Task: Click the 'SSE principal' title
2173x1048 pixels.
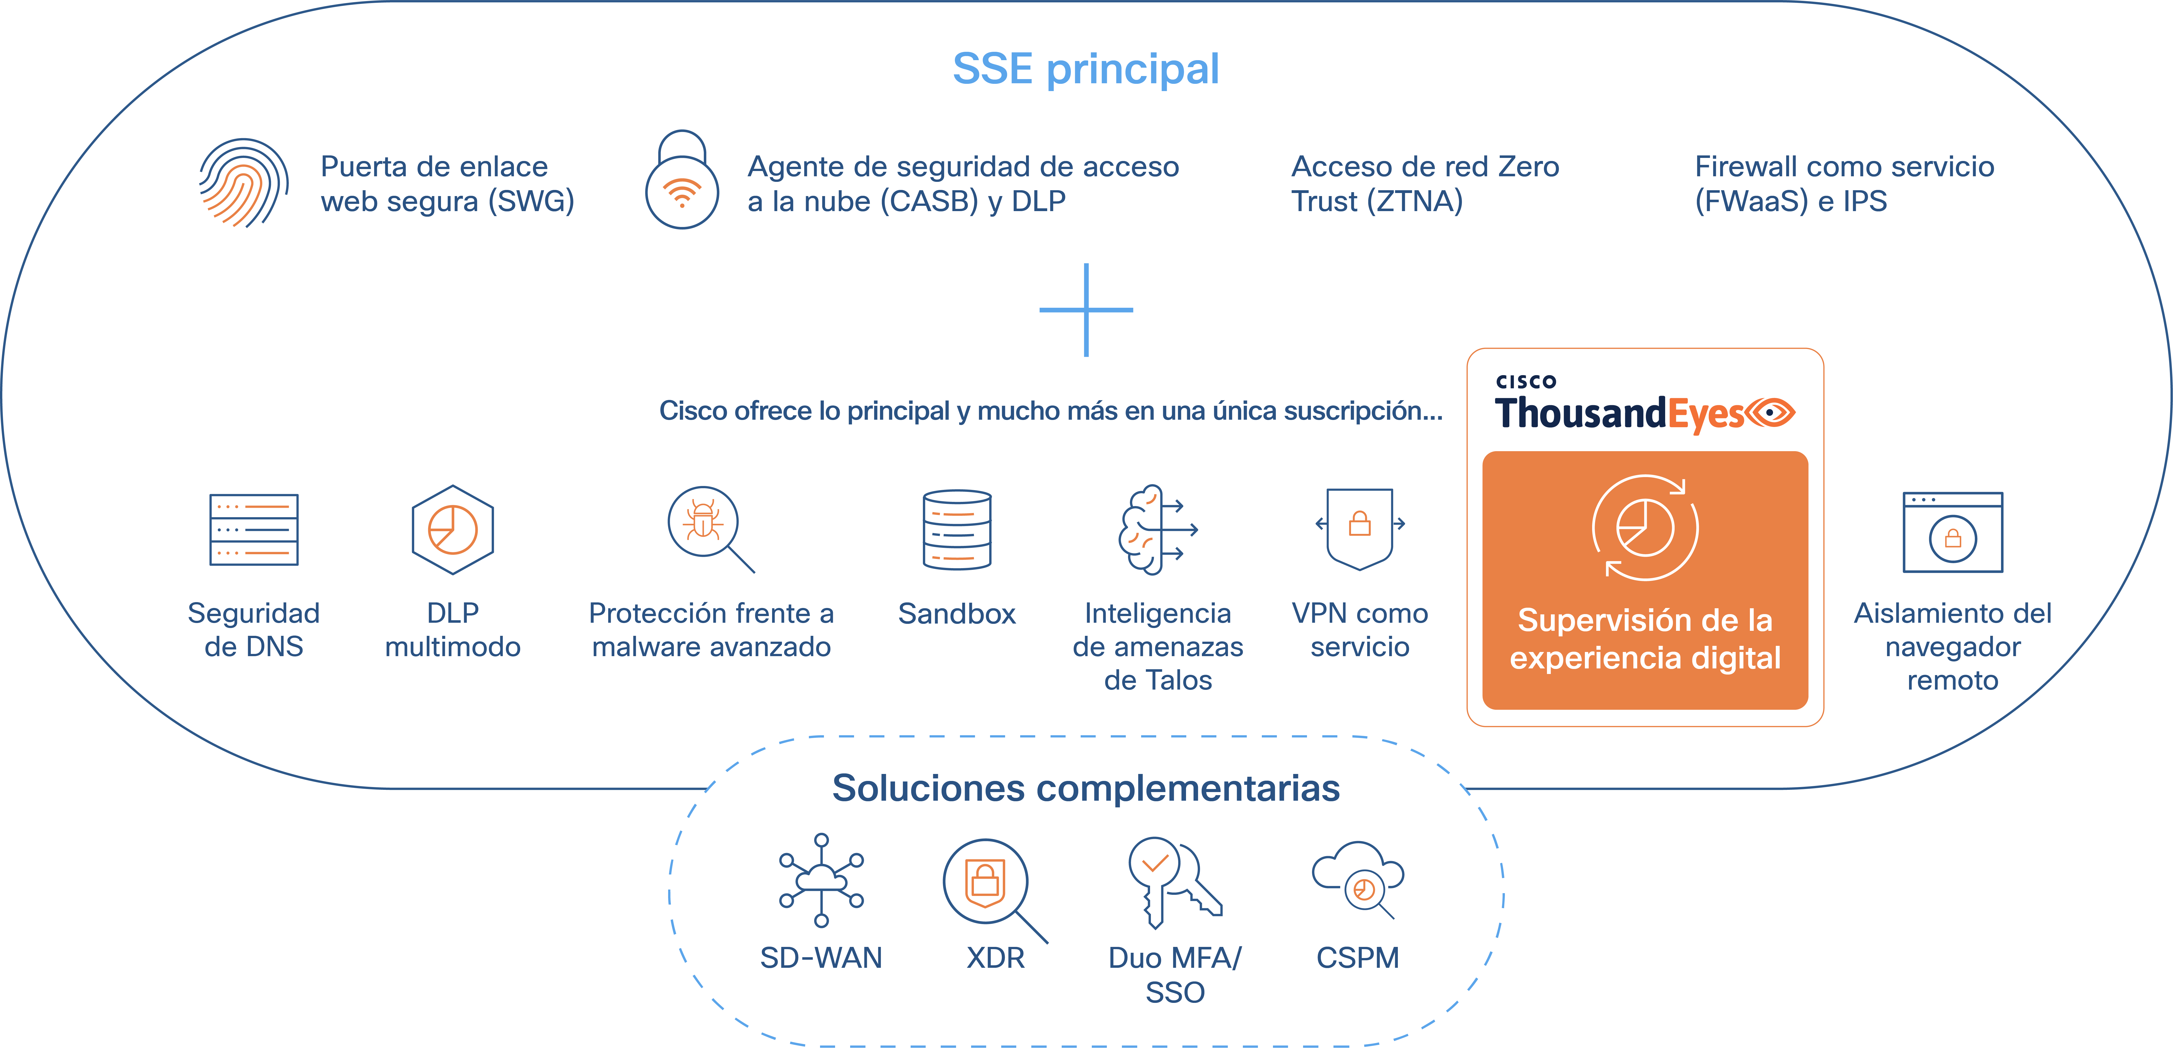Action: point(1086,69)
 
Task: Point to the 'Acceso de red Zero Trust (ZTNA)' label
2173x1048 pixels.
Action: point(1425,184)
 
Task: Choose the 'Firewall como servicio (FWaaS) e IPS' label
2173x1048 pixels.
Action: point(1844,184)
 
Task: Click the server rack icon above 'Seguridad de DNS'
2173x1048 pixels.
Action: point(254,529)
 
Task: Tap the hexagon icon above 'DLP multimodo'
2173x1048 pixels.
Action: point(453,529)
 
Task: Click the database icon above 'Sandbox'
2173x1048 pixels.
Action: point(957,529)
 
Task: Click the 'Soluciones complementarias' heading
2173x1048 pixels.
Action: point(1086,788)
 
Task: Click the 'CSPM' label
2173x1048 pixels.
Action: point(1357,958)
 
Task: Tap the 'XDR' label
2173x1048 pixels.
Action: point(995,958)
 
